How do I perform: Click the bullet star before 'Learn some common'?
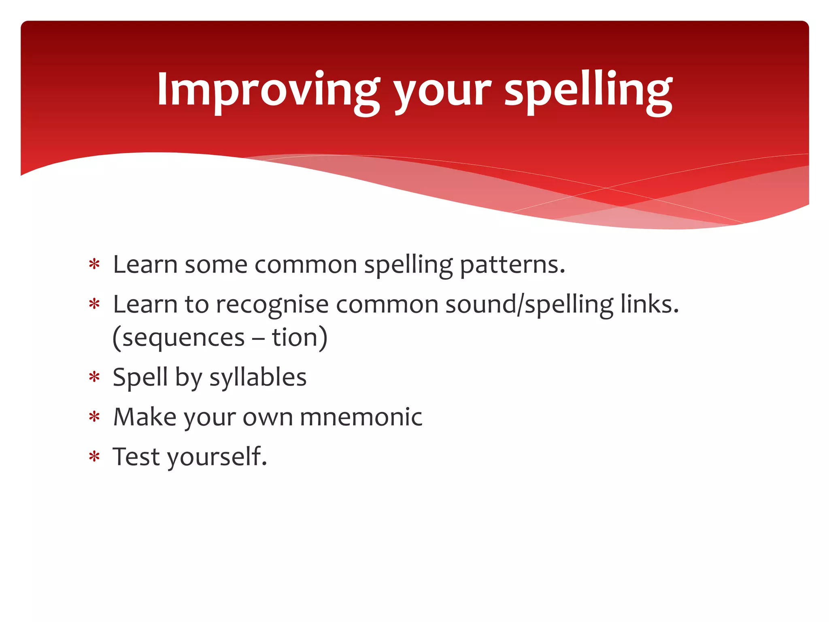pyautogui.click(x=94, y=265)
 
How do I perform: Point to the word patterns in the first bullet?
pyautogui.click(x=512, y=265)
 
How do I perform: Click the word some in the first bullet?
pyautogui.click(x=216, y=265)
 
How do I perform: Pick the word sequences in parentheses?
pyautogui.click(x=183, y=337)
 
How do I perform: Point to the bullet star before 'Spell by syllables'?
pyautogui.click(x=94, y=377)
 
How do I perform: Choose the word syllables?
pyautogui.click(x=258, y=377)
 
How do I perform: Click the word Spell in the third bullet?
pyautogui.click(x=140, y=377)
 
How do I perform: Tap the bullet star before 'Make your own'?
pyautogui.click(x=94, y=417)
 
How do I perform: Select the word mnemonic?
pyautogui.click(x=361, y=417)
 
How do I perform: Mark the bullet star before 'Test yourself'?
pyautogui.click(x=94, y=457)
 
